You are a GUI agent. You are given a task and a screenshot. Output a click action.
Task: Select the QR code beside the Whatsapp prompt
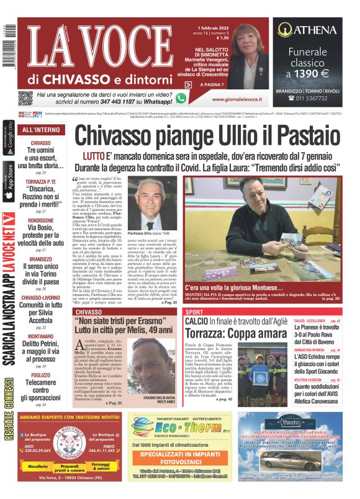pos(25,97)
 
